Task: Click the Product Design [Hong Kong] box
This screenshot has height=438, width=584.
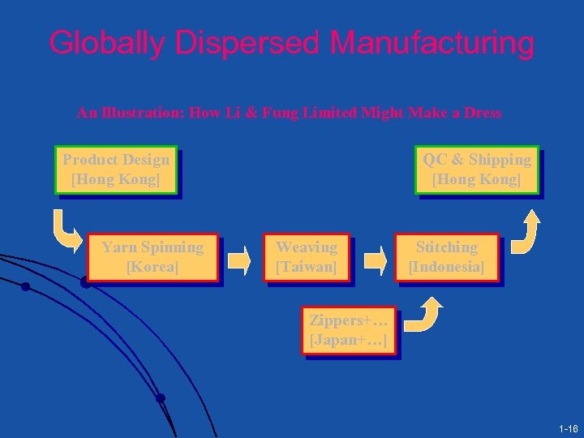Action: click(116, 170)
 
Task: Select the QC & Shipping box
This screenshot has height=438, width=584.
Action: click(477, 170)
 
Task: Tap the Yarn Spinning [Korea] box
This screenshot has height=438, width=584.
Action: click(152, 257)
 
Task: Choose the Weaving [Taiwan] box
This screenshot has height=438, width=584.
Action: click(307, 257)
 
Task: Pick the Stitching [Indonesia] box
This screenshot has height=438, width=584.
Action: click(446, 257)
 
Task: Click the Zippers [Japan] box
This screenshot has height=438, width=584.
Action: click(348, 330)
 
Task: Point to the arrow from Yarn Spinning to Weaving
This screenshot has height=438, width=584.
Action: click(240, 260)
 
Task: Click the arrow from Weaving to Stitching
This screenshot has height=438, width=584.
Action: click(374, 260)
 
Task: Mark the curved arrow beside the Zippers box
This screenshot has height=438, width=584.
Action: click(424, 316)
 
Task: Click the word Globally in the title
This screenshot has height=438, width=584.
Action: click(105, 43)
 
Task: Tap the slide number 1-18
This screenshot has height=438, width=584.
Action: click(568, 427)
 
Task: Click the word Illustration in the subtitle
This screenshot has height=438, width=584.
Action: click(141, 114)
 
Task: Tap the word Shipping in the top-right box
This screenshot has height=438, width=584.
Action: click(500, 160)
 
